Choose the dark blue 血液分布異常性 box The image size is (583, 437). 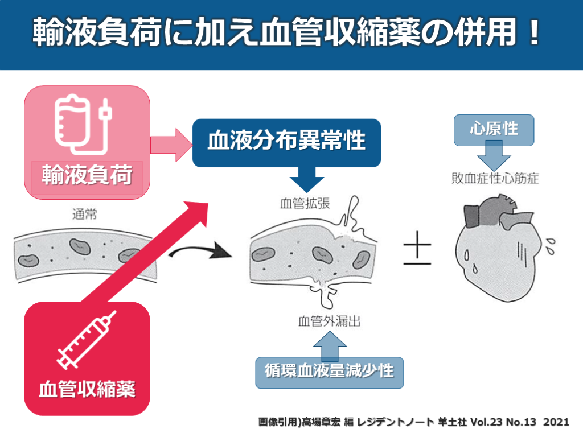(x=286, y=142)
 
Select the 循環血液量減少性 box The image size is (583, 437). (x=329, y=372)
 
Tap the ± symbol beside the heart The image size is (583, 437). (x=417, y=251)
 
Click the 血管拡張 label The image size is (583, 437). (x=305, y=203)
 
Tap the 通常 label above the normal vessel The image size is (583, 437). (x=85, y=216)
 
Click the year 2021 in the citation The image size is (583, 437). (x=556, y=422)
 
